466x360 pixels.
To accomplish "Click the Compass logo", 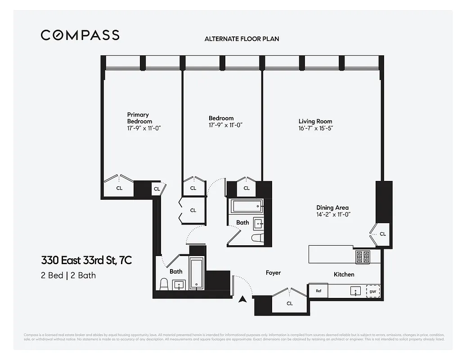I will point(80,35).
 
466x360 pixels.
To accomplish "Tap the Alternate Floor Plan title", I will point(242,39).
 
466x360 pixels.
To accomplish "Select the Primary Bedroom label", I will point(139,118).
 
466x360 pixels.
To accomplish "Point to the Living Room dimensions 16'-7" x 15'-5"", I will point(315,128).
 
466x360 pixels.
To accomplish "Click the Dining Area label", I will point(332,207).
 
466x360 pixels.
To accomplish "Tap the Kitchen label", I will point(344,274).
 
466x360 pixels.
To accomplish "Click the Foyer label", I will point(273,273).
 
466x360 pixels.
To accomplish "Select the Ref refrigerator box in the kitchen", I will point(318,291).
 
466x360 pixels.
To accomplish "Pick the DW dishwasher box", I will point(372,291).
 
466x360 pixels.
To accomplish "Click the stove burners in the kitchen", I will point(363,257).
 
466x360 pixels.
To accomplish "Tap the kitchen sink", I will point(355,291).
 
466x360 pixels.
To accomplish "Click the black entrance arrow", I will point(243,299).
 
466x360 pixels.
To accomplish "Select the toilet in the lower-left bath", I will point(164,284).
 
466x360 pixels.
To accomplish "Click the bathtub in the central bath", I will point(246,207).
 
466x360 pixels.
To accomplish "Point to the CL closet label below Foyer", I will point(290,303).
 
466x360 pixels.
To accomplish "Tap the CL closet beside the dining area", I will point(382,234).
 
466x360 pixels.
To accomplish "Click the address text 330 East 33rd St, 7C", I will point(86,260).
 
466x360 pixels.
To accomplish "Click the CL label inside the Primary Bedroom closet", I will point(119,189).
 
